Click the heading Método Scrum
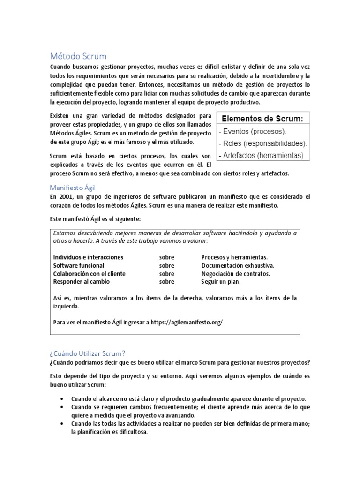(78, 56)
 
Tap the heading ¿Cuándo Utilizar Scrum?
(88, 353)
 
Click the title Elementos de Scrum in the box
(262, 119)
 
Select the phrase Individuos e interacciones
(88, 257)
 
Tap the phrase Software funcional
(79, 265)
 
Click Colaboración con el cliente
(89, 274)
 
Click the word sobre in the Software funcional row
(166, 265)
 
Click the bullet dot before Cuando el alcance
(63, 398)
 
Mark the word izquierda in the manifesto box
(66, 306)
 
